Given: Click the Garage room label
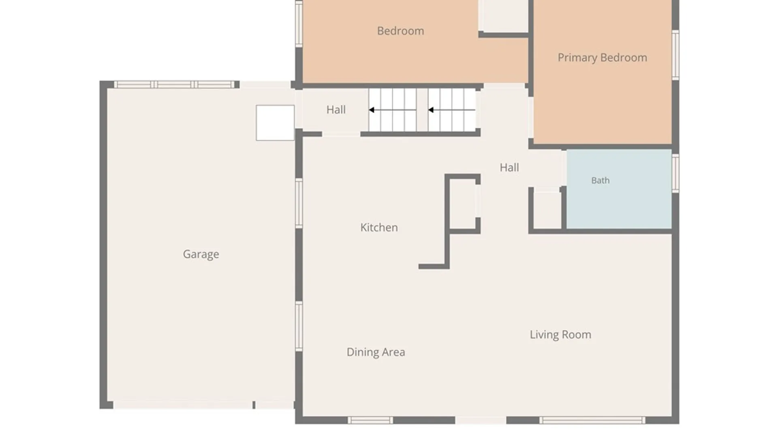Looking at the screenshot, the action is click(x=201, y=254).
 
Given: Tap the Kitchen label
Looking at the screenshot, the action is click(x=379, y=228).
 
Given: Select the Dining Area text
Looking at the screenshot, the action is click(x=376, y=352).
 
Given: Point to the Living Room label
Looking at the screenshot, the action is click(x=560, y=335).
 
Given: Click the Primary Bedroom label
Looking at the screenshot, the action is click(x=602, y=58).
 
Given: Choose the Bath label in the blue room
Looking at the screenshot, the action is click(x=600, y=180).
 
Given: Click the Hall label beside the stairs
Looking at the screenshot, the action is click(x=336, y=109).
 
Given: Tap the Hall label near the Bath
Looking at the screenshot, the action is click(x=509, y=167).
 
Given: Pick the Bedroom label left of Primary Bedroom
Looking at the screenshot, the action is click(x=400, y=31).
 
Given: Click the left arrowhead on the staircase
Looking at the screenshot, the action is click(x=371, y=110).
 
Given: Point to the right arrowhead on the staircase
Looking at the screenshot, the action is click(x=431, y=110).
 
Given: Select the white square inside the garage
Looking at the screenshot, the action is click(x=275, y=123).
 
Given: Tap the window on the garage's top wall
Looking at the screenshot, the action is click(x=174, y=84).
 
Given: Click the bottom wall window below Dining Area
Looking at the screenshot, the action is click(x=370, y=421).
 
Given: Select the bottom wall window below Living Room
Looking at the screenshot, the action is click(x=592, y=421).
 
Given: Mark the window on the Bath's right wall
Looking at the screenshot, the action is click(x=675, y=173).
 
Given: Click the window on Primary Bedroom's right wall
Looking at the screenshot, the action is click(x=675, y=55).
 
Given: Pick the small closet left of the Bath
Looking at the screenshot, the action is click(x=547, y=210).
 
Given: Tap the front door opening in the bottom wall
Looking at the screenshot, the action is click(x=481, y=421).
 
